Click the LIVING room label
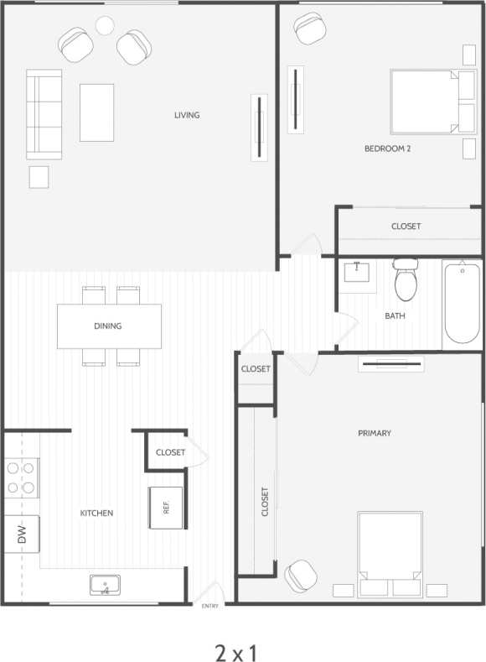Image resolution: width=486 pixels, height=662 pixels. click(187, 115)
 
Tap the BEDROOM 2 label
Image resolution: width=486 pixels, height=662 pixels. click(386, 149)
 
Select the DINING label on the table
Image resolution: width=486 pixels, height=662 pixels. click(108, 326)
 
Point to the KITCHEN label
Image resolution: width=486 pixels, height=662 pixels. click(96, 513)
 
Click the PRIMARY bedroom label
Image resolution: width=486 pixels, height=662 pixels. click(374, 433)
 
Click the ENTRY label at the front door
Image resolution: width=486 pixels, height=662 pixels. click(209, 606)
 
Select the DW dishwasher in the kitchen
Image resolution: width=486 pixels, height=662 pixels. click(20, 534)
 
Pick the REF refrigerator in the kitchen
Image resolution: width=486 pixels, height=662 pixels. click(166, 508)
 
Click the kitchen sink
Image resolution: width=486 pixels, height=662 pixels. click(106, 585)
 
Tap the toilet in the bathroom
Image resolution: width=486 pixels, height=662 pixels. click(406, 281)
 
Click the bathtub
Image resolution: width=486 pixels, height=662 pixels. click(462, 302)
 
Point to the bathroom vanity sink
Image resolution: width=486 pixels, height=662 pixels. click(358, 273)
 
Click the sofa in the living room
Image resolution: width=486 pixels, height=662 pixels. click(44, 114)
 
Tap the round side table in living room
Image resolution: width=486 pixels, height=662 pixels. click(105, 25)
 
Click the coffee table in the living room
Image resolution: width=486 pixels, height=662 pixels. click(96, 112)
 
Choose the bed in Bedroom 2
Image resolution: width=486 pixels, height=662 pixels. click(426, 102)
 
